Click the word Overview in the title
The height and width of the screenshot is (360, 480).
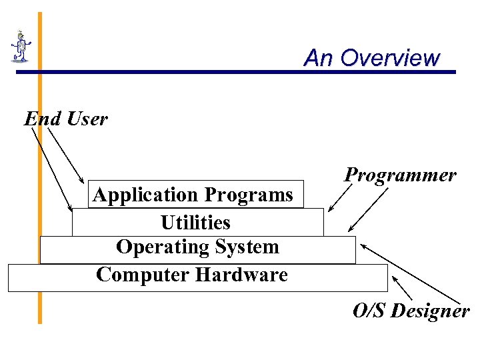(x=389, y=58)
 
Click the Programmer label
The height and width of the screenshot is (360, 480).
(x=400, y=175)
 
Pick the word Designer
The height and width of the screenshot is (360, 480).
(x=430, y=311)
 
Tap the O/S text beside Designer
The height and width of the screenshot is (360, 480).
(x=369, y=311)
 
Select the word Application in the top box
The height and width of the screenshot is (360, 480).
(x=146, y=195)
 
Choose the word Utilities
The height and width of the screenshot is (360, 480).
(x=195, y=222)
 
